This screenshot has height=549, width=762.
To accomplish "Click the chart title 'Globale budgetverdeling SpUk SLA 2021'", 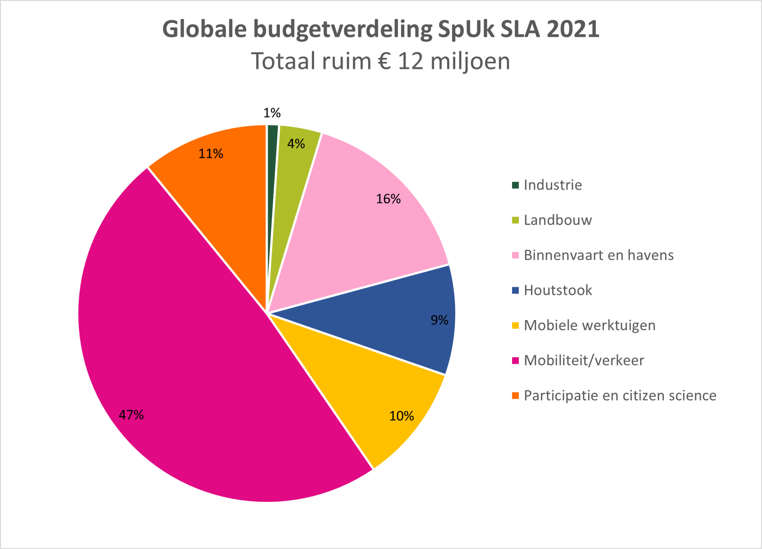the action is tap(381, 29).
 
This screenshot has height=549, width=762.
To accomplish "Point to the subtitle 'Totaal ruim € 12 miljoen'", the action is tap(381, 61).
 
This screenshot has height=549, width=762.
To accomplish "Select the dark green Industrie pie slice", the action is tap(272, 189).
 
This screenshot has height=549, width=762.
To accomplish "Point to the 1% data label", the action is tap(272, 113).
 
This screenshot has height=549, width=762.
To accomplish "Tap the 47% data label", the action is tap(131, 415).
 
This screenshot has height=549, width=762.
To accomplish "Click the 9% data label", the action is tap(440, 320).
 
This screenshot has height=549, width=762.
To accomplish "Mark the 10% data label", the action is tap(402, 416).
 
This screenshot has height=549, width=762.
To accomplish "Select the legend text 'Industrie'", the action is tap(553, 185).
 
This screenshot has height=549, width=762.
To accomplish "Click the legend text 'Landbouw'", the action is tap(558, 220).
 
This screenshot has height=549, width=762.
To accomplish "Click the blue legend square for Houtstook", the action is tap(515, 290).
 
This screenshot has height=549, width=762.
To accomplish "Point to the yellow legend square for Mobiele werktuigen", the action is tap(515, 325).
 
